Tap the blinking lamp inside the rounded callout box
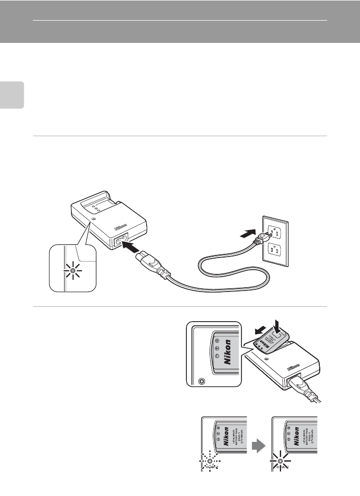[73, 270]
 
